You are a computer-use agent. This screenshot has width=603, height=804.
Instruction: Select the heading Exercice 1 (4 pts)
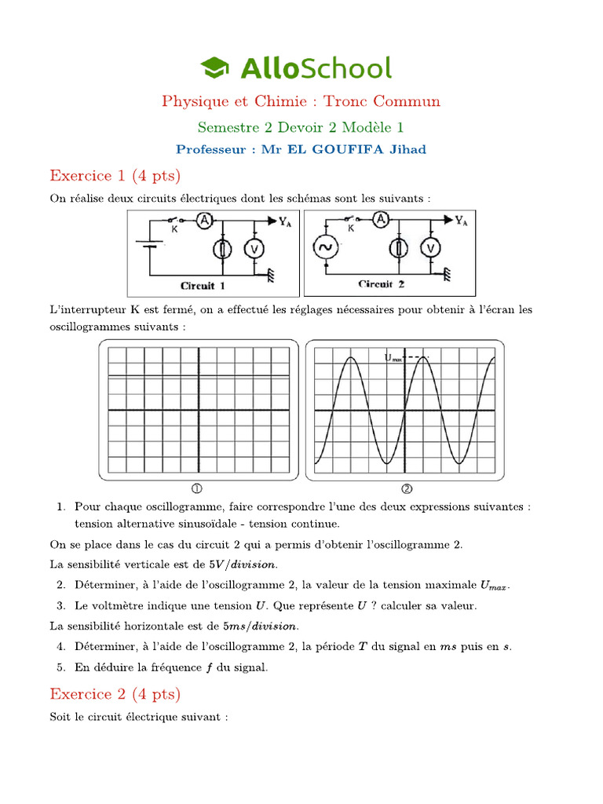115,174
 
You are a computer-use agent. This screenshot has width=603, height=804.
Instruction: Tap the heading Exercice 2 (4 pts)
115,693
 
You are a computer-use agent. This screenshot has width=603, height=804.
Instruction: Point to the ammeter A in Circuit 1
203,221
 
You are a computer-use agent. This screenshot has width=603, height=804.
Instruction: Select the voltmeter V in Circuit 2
429,249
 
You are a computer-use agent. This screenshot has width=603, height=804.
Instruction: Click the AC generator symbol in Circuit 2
323,249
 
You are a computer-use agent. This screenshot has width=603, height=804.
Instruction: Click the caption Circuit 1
203,286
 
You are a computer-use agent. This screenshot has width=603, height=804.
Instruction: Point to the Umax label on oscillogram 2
393,358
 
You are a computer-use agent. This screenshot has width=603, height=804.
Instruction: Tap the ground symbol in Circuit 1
272,275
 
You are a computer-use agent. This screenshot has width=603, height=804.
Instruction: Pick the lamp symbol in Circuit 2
400,249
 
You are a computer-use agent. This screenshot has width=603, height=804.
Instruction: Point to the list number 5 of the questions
60,667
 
